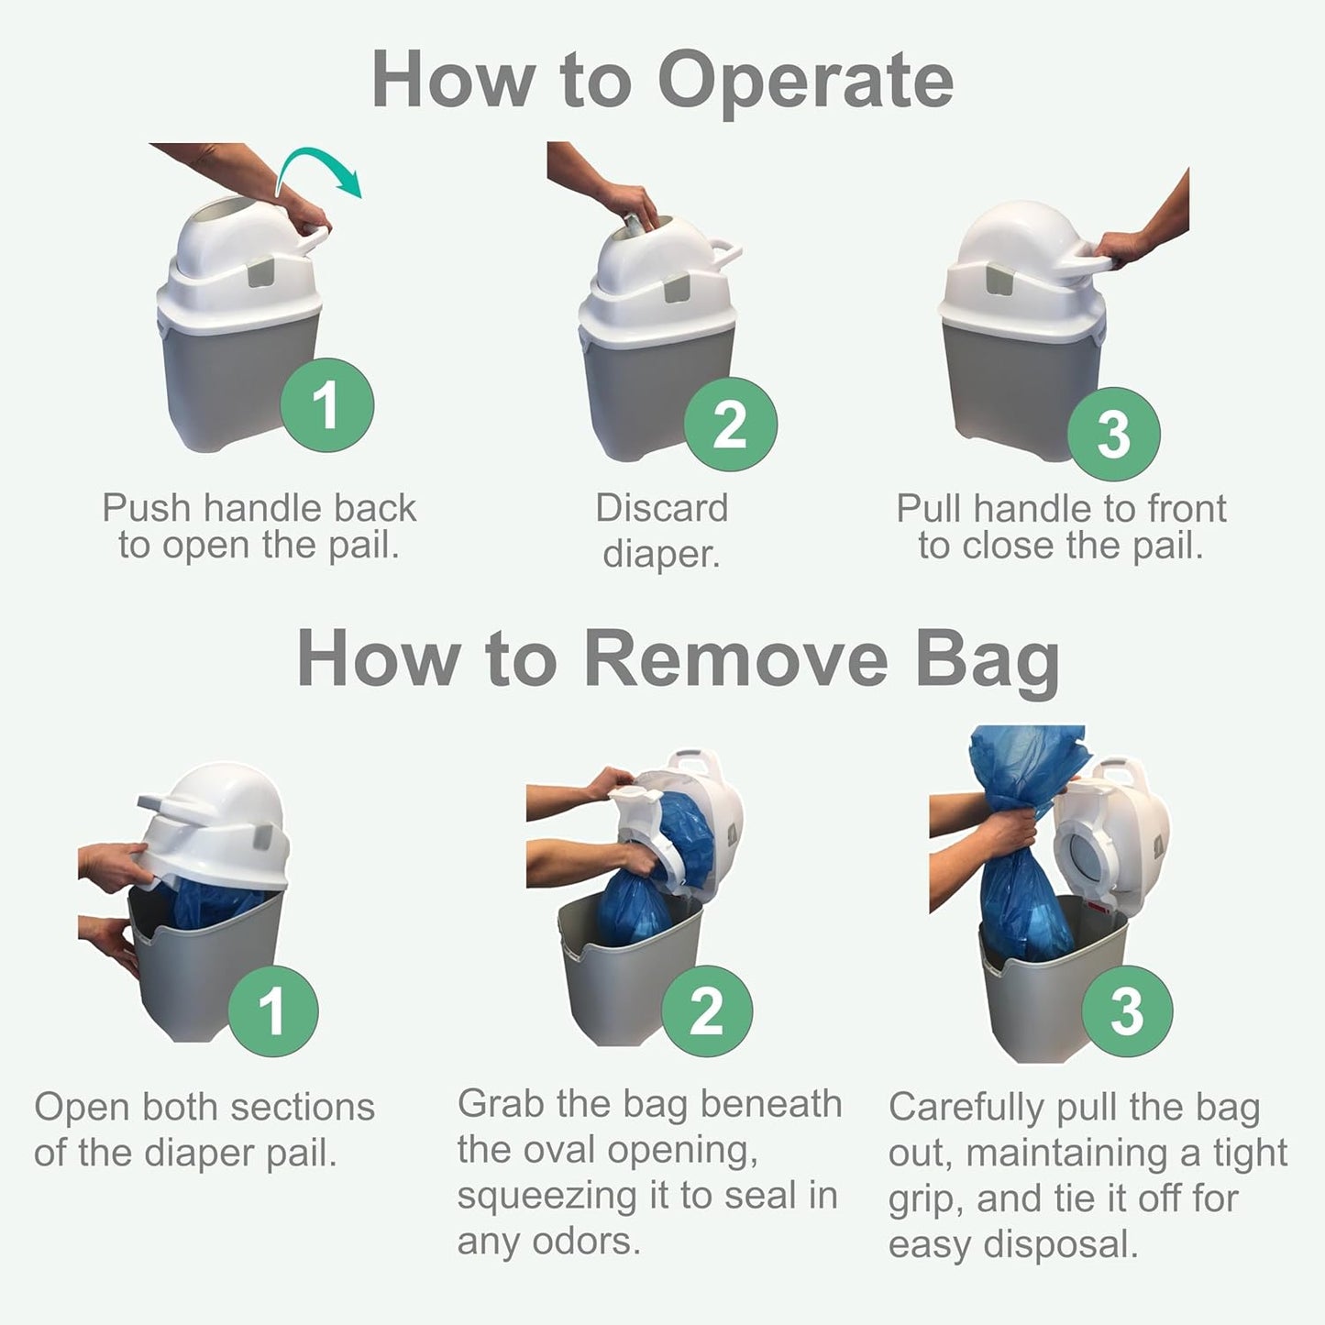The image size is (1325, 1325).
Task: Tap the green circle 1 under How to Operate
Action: [326, 404]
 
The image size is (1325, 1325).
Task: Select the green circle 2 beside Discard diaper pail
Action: [730, 424]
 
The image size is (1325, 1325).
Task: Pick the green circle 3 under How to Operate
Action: [1114, 434]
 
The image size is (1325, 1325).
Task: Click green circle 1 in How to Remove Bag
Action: [272, 1010]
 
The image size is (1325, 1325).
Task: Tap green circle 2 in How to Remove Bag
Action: [706, 1010]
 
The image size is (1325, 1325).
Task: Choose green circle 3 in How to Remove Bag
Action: [1127, 1010]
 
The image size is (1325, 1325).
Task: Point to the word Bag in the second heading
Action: [988, 660]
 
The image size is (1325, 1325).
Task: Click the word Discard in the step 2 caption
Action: [661, 508]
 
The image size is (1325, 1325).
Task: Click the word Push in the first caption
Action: [146, 508]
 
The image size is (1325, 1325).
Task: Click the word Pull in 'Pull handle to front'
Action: [930, 508]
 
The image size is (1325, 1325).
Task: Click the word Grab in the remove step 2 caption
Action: [501, 1104]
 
